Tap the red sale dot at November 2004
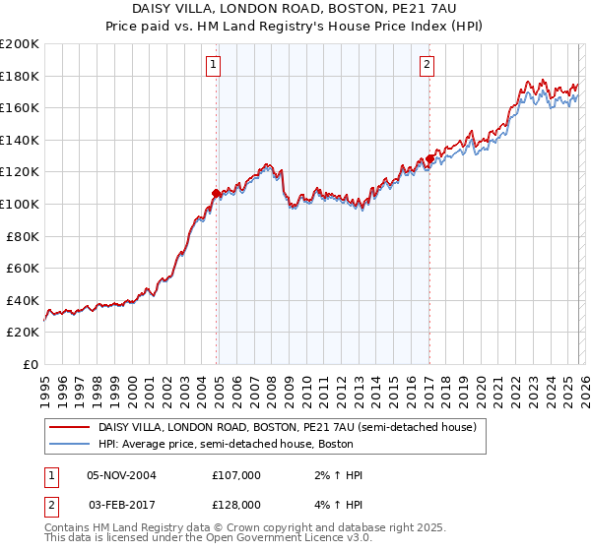[x=216, y=193]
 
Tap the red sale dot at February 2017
[x=429, y=159]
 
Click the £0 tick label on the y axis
[x=30, y=364]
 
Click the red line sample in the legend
[x=69, y=427]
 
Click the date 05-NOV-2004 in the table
[x=121, y=475]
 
